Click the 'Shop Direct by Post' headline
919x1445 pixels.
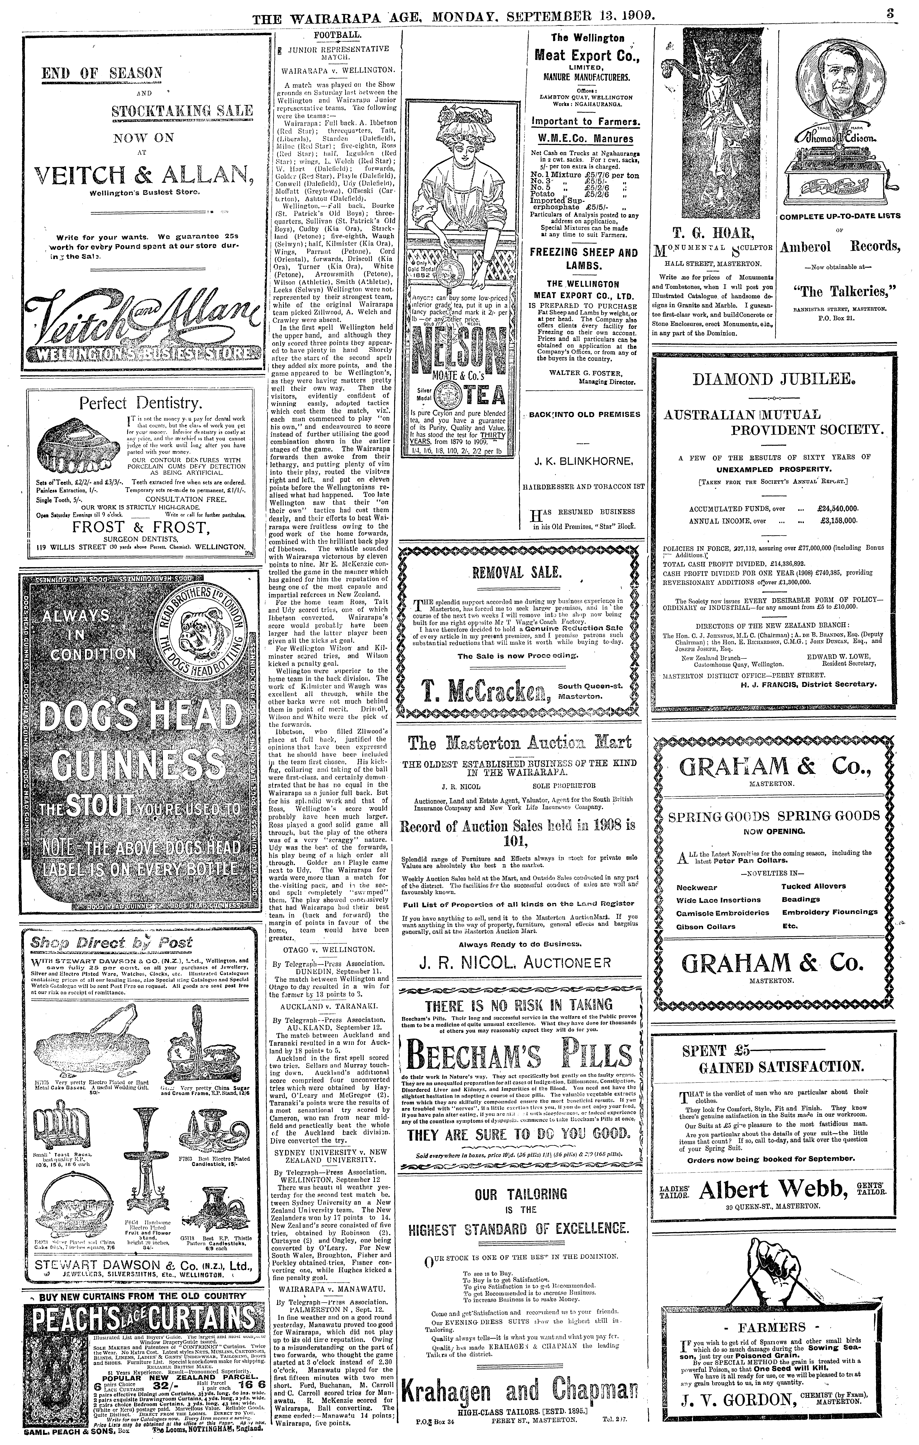click(113, 942)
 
